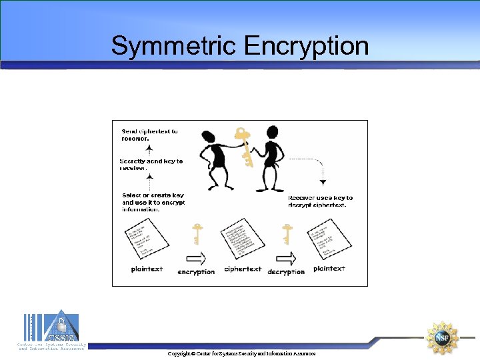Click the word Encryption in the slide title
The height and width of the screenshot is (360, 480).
[x=306, y=47]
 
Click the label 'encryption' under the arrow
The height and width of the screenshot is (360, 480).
[x=196, y=271]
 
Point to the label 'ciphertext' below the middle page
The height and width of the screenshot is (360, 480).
[x=243, y=269]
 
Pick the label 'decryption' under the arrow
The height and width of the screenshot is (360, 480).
[x=286, y=271]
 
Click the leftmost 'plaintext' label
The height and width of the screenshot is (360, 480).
[x=147, y=269]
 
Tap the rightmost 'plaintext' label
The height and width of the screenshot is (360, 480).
[x=329, y=269]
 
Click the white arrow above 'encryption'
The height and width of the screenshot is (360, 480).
[x=196, y=258]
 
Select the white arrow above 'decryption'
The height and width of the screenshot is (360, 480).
[x=287, y=258]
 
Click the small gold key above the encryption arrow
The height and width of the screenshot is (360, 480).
[x=197, y=235]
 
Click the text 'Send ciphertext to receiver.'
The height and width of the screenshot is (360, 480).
[x=149, y=135]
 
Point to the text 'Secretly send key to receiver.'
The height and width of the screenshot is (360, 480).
[x=151, y=165]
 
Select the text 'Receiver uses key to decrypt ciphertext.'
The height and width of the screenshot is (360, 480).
[x=321, y=201]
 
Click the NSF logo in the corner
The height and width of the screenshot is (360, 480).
[x=443, y=337]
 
